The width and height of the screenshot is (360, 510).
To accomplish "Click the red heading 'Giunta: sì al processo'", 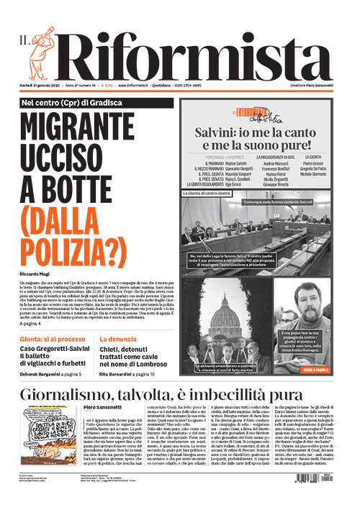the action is [x=52, y=338].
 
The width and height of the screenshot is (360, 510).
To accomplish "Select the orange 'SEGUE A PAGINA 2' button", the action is [x=314, y=370].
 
